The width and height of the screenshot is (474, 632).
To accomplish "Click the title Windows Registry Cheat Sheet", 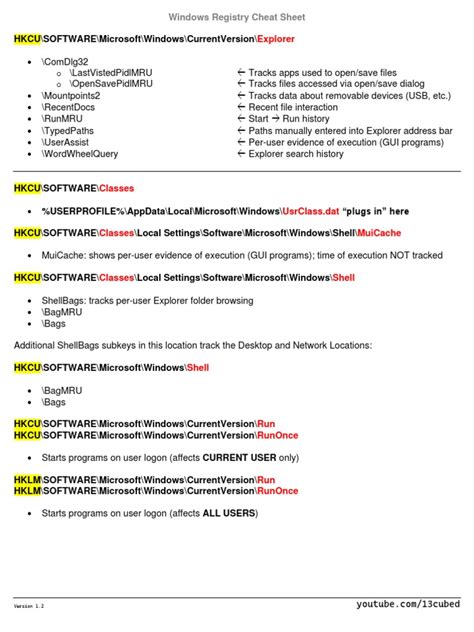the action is (236, 17).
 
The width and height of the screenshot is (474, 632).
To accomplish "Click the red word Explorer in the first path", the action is (275, 39).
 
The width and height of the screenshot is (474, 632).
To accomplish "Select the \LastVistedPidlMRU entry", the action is (111, 73).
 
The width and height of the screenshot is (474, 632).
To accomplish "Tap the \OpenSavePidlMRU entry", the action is (111, 84).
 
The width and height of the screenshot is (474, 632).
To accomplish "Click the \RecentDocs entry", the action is (69, 108).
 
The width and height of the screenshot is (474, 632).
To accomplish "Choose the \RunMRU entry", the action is (62, 119).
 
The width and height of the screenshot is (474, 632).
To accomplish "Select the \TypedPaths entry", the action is (69, 131).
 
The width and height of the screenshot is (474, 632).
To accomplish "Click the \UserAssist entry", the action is (66, 143).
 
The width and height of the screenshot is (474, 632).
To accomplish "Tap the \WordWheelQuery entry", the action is (80, 155).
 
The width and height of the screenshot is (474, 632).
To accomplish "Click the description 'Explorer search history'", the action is (297, 155).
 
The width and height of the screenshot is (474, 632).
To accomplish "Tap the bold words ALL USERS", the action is (229, 513).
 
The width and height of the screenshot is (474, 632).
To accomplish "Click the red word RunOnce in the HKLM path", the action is (277, 491).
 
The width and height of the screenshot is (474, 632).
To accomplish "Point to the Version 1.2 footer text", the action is (29, 607).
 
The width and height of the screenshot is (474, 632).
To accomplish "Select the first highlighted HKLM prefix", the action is (27, 480).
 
